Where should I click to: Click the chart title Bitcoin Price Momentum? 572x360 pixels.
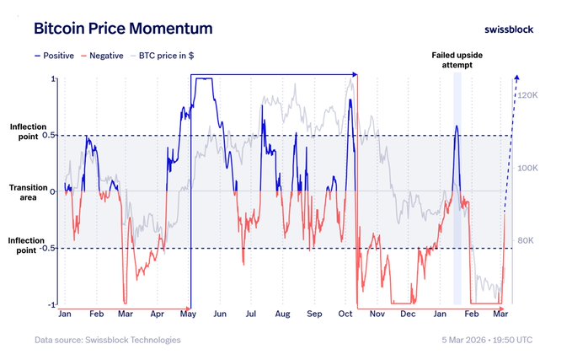pos(123,28)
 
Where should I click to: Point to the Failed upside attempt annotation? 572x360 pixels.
pos(457,60)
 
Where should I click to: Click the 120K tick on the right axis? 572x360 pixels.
pos(527,95)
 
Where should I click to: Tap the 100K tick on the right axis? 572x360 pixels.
pos(527,169)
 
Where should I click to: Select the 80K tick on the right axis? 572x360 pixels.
pos(526,241)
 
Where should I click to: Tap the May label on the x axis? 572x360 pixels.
pos(187,314)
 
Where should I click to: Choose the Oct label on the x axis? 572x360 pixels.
pos(345,314)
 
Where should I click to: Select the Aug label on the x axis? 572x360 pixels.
pos(281,314)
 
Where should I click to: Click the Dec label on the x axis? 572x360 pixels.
pos(409,314)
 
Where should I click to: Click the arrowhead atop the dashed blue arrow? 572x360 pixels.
pos(516,79)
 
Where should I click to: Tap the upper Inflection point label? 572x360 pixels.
pos(28,131)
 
